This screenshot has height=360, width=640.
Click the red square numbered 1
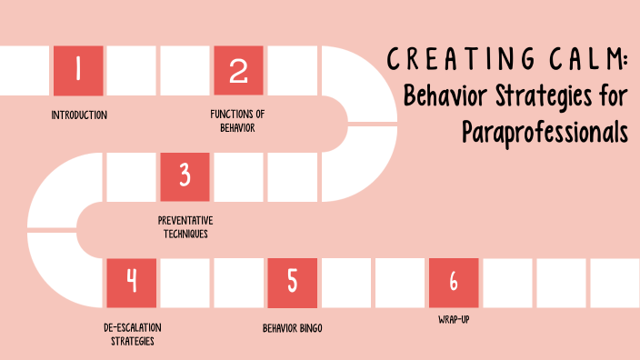point(77,70)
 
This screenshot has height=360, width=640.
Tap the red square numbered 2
point(238,70)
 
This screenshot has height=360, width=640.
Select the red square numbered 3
point(185,176)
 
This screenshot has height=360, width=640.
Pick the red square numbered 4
point(131,283)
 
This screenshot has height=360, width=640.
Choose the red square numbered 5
point(292,283)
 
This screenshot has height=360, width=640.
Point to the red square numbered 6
point(453,283)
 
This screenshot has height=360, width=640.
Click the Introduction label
point(79,115)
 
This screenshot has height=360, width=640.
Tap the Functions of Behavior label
point(236,121)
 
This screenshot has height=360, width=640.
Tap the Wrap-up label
point(452,319)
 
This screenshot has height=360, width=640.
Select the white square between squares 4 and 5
point(212,283)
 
